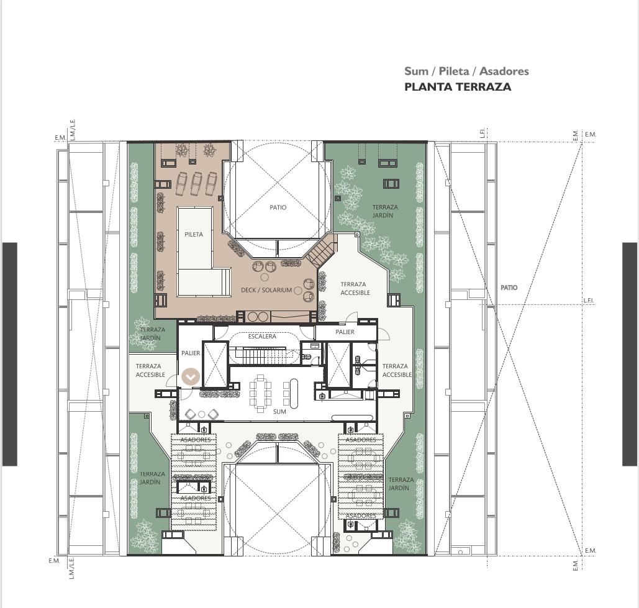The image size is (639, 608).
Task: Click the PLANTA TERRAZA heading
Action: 458,87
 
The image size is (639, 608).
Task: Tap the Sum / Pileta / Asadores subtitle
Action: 466,71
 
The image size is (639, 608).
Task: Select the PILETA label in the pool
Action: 194,234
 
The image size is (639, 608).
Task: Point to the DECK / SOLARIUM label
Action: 266,290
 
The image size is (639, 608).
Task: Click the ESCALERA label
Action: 262,337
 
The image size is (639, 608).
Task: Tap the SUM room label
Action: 279,412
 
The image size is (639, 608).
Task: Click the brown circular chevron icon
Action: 190,376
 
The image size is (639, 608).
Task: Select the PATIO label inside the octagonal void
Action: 278,207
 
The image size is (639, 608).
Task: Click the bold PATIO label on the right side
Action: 509,288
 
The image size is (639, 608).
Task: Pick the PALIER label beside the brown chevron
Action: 191,353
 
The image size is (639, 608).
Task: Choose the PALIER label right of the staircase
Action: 345,332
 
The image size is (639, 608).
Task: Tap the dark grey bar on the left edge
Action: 9,354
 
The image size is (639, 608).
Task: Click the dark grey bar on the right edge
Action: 630,354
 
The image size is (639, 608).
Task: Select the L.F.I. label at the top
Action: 483,133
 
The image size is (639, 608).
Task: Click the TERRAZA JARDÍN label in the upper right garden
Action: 384,211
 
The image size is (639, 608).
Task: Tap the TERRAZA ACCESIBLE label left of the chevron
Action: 150,370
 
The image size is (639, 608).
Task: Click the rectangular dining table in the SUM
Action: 260,392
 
